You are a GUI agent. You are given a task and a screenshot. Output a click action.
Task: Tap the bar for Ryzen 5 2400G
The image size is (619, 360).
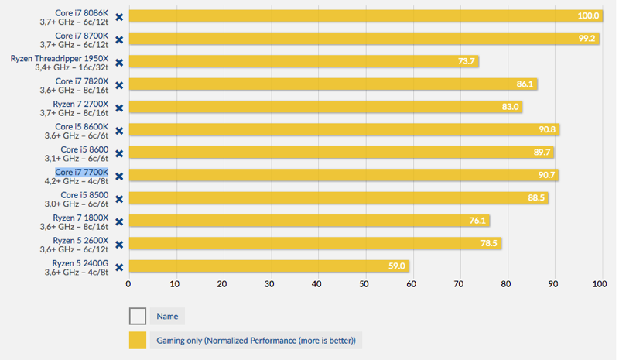click(x=268, y=266)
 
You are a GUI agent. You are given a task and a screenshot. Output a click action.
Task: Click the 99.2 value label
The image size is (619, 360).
click(x=587, y=39)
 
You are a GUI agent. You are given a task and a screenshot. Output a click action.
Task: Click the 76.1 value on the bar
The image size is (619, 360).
click(x=478, y=221)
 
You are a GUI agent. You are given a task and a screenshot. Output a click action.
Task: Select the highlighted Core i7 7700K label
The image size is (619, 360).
click(x=82, y=172)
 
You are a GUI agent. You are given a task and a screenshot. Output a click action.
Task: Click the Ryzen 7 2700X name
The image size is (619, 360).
click(x=80, y=103)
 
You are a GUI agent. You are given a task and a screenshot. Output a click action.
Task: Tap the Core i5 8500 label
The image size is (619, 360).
click(x=85, y=194)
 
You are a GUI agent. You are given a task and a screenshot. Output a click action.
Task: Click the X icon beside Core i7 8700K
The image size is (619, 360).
click(x=119, y=39)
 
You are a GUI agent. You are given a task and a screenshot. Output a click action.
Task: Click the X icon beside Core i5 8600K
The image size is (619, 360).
click(x=119, y=131)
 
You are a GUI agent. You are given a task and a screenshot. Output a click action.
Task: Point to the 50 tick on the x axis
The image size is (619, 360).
click(x=364, y=285)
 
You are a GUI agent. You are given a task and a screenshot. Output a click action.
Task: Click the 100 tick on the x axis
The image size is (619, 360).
click(x=600, y=285)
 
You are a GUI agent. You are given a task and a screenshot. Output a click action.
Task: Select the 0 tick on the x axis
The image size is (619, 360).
click(x=129, y=285)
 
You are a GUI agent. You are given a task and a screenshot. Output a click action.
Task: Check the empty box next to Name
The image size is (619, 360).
click(x=138, y=316)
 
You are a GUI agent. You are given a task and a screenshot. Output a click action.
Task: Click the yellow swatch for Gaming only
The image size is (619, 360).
click(x=138, y=340)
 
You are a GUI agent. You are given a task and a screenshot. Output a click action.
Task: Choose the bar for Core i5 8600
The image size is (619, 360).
click(x=341, y=153)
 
